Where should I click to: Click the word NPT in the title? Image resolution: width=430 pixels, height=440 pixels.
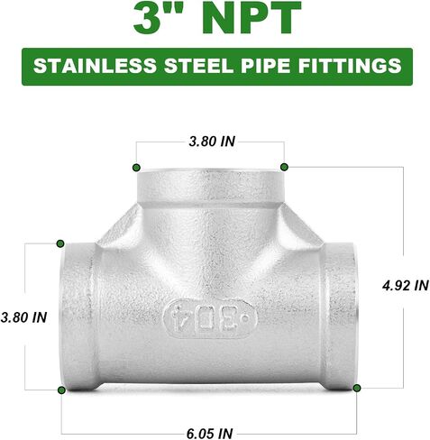(x=252, y=18)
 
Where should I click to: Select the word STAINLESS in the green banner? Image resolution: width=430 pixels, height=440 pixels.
(x=95, y=66)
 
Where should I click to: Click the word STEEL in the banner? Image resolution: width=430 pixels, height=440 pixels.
(x=198, y=66)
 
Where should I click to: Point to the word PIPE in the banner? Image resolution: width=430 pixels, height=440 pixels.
(x=265, y=66)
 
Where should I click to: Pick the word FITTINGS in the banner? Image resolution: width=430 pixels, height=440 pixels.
(x=350, y=66)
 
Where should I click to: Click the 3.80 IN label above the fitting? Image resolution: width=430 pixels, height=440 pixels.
(x=212, y=142)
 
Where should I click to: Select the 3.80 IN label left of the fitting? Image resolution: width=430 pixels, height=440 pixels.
(x=23, y=317)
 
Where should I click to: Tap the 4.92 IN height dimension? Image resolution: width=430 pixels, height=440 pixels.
(x=406, y=285)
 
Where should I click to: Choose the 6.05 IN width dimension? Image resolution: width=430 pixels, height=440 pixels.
(x=209, y=433)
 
